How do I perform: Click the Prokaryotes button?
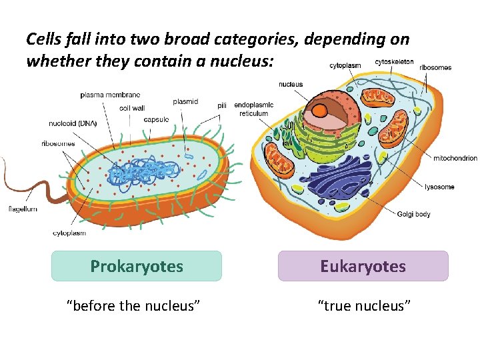(137, 266)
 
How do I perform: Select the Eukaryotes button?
(363, 266)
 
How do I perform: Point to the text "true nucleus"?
(363, 305)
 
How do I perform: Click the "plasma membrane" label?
(110, 95)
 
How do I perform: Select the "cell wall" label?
(132, 107)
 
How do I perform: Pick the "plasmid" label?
(185, 101)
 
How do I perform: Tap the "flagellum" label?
(22, 209)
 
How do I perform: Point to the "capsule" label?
(156, 119)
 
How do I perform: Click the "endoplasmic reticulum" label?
(253, 109)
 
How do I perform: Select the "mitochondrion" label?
(455, 158)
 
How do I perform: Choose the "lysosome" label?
(439, 187)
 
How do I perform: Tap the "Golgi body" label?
(413, 214)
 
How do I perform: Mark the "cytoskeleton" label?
(394, 62)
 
